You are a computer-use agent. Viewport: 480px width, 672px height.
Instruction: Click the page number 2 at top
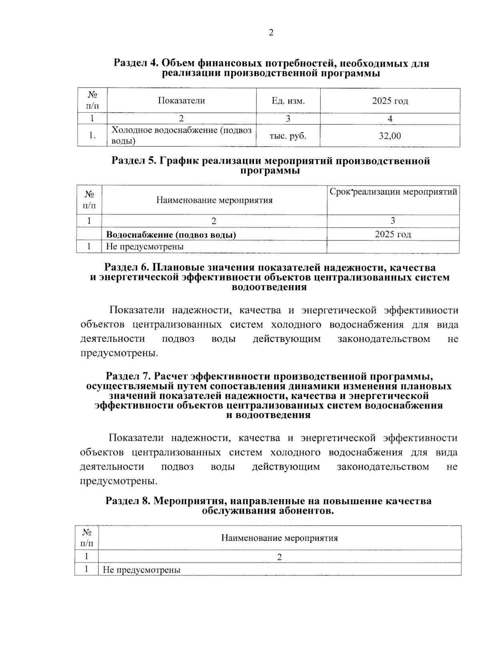click(x=271, y=33)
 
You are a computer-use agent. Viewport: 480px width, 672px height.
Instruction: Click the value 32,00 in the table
click(x=390, y=136)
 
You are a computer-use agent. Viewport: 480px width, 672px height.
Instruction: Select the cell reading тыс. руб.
click(x=288, y=136)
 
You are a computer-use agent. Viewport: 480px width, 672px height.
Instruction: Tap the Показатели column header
click(x=181, y=101)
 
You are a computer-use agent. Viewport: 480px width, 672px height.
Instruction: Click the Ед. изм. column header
click(x=288, y=101)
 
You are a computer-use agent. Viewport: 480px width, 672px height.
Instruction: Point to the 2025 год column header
click(x=390, y=101)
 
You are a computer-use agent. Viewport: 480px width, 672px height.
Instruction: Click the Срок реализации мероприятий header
click(x=393, y=192)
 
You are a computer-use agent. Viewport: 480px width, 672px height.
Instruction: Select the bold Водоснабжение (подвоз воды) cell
click(x=171, y=235)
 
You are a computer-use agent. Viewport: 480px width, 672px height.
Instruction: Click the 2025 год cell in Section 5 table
click(x=393, y=234)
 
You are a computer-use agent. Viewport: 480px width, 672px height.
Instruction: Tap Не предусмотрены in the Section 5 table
click(x=144, y=247)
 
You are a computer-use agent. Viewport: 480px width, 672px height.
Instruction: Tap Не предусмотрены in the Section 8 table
click(x=142, y=570)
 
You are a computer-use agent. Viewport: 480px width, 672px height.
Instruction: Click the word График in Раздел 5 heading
click(x=179, y=161)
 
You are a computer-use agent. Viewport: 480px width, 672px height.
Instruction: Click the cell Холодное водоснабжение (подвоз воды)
click(x=181, y=136)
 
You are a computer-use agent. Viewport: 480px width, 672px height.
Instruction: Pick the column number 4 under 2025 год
click(x=390, y=118)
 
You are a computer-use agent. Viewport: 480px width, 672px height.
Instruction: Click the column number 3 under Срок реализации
click(x=393, y=221)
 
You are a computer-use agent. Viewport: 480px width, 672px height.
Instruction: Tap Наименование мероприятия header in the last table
click(x=279, y=538)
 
